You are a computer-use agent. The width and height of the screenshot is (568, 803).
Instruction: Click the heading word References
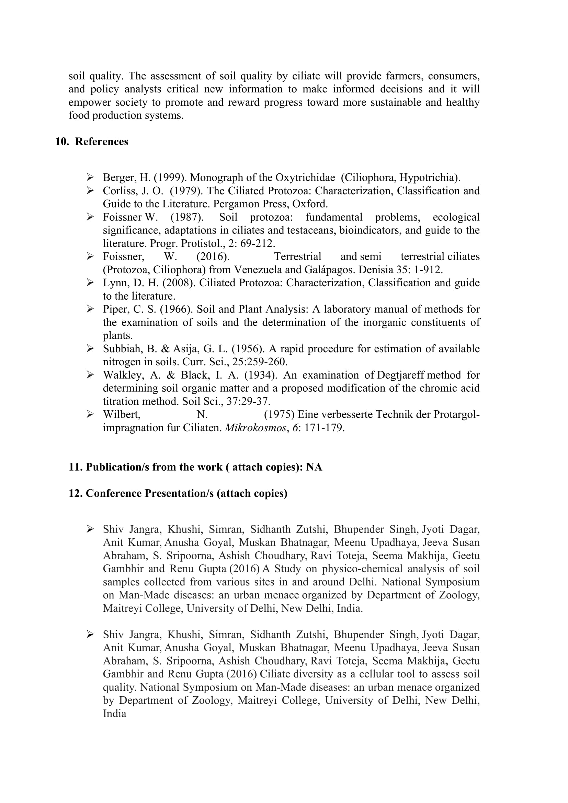(101, 142)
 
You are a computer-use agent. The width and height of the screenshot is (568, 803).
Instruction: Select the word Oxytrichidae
(305, 178)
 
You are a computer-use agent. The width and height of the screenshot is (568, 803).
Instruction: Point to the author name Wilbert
(121, 414)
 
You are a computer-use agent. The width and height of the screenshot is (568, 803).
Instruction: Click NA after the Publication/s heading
(314, 467)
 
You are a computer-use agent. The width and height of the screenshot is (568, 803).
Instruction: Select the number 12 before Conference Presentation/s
(75, 493)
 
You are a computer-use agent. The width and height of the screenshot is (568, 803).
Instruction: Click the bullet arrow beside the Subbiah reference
(90, 348)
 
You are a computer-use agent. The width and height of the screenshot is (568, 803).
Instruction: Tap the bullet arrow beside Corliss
(90, 191)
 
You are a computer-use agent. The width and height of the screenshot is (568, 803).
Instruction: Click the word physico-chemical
(362, 569)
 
